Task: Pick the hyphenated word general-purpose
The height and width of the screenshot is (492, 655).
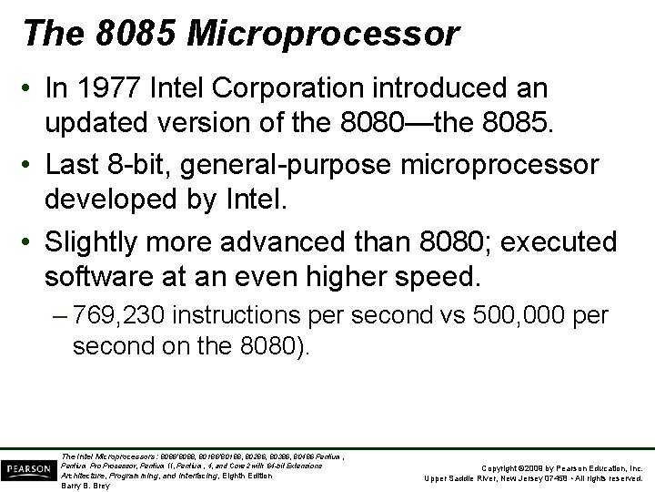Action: click(295, 164)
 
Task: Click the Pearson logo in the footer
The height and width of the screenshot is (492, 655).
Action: click(27, 467)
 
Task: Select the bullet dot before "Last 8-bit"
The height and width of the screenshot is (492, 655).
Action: click(32, 165)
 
